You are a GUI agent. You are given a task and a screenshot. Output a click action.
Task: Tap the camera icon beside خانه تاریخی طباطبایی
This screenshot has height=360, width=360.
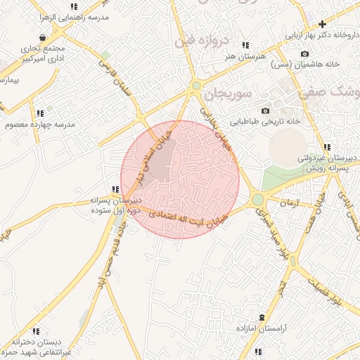tap(265, 110)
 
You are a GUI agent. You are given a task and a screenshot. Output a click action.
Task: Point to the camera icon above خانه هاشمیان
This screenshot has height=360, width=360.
tap(304, 53)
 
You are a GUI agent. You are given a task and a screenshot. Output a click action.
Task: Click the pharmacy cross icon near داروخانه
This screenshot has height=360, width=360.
tap(342, 24)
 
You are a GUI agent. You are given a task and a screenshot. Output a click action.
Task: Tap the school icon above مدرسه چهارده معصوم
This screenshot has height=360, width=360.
tap(40, 113)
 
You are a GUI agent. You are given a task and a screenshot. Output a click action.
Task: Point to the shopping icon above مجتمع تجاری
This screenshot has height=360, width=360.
tap(43, 37)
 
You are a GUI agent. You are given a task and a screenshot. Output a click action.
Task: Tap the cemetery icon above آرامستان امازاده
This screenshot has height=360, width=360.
tap(262, 318)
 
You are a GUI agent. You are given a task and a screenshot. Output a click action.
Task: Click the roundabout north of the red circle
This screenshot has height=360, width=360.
tap(196, 86)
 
